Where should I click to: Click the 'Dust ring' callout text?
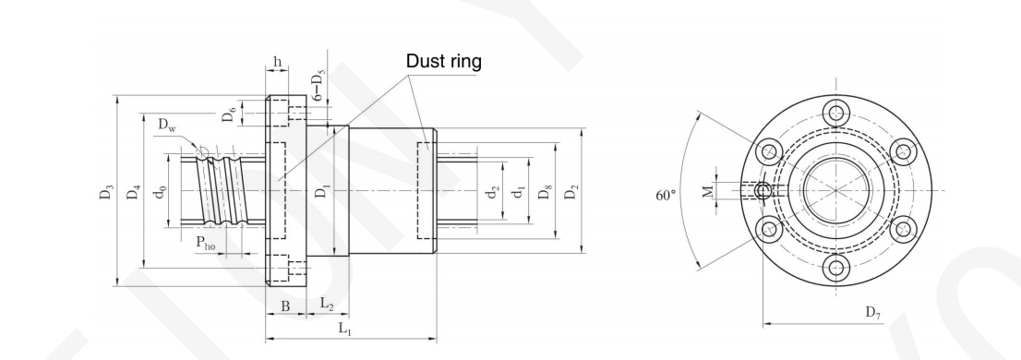pos(443,61)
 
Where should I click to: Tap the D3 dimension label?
pos(106,193)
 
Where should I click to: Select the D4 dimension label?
pos(134,193)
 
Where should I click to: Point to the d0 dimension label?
pos(161,193)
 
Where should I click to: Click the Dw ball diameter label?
pos(167,125)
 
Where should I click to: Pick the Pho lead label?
pos(206,244)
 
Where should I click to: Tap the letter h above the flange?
pos(277,61)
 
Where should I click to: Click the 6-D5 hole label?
pos(318,84)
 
